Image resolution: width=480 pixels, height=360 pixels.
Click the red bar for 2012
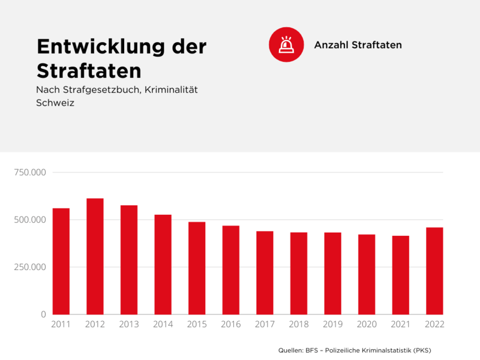(x=95, y=256)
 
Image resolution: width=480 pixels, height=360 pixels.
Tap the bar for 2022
(x=434, y=271)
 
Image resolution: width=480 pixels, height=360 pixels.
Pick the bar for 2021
(x=401, y=275)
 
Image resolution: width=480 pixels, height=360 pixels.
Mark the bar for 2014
(x=163, y=265)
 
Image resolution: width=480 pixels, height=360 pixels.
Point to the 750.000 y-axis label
(x=31, y=173)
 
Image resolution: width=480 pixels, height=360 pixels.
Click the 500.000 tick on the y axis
(x=31, y=220)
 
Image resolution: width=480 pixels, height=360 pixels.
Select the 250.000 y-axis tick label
(x=31, y=267)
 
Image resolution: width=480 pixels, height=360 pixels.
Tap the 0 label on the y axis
(x=43, y=314)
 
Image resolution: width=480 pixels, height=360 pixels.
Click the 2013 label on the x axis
(x=129, y=325)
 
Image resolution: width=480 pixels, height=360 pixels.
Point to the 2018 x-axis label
(x=298, y=325)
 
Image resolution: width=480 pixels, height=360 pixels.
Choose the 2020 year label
(x=366, y=325)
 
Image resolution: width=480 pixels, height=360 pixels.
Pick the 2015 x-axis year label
(x=197, y=325)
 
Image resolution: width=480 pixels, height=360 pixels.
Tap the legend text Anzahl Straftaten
(x=358, y=45)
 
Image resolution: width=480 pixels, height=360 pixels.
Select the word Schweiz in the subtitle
(x=55, y=103)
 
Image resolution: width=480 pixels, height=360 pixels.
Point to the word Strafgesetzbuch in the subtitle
(x=96, y=89)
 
